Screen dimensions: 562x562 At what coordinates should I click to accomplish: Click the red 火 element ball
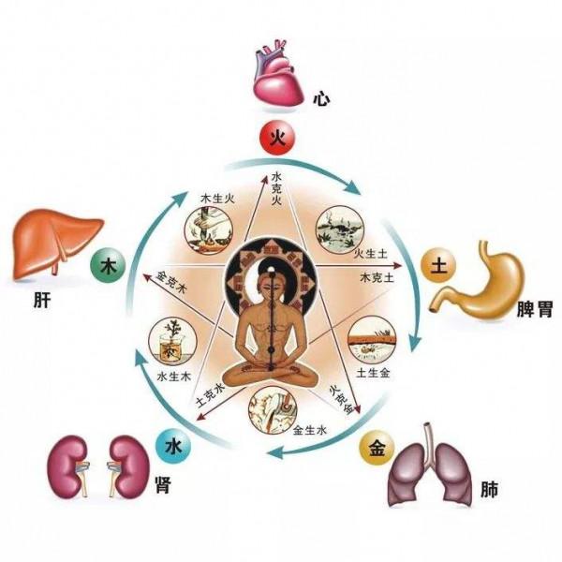click(x=277, y=139)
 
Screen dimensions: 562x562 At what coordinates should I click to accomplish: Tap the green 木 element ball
click(x=108, y=266)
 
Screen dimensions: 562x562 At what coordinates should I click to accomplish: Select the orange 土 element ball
click(x=438, y=266)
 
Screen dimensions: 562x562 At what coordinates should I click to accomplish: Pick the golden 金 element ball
click(x=377, y=449)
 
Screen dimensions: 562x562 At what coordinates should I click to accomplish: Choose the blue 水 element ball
click(x=173, y=447)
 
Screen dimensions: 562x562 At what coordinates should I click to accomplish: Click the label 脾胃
click(x=535, y=309)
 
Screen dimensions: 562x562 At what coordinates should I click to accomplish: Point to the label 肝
click(x=42, y=300)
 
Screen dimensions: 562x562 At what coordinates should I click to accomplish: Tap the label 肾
click(x=163, y=485)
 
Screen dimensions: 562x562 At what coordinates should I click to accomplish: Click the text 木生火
click(x=217, y=199)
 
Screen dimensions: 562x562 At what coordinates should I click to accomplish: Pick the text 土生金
click(x=373, y=373)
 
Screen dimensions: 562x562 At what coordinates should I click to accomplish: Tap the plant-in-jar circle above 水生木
click(x=172, y=341)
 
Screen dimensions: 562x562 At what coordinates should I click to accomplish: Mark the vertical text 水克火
click(x=276, y=188)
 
